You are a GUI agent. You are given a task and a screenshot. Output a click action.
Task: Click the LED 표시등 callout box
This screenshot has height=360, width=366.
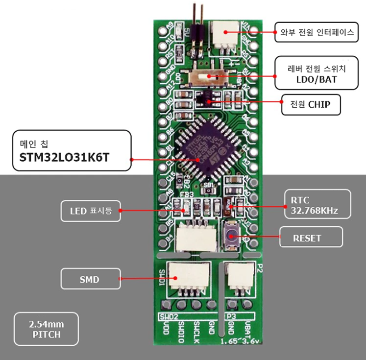[91, 211]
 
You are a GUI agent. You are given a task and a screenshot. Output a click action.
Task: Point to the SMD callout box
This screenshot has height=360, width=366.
[90, 279]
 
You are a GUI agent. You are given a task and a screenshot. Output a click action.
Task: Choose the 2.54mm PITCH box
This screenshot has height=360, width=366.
[47, 329]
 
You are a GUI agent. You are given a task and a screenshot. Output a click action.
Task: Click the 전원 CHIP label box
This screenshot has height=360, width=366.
[310, 104]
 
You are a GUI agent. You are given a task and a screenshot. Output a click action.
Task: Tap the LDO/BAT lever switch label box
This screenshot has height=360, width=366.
[316, 73]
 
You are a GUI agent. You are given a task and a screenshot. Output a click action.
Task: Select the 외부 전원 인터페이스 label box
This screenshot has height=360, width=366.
[317, 33]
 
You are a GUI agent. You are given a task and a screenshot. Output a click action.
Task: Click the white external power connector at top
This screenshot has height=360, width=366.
[226, 34]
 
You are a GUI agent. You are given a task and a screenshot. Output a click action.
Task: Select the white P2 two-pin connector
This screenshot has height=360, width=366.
[241, 278]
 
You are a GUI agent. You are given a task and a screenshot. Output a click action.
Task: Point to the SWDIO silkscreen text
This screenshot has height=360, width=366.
[181, 329]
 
